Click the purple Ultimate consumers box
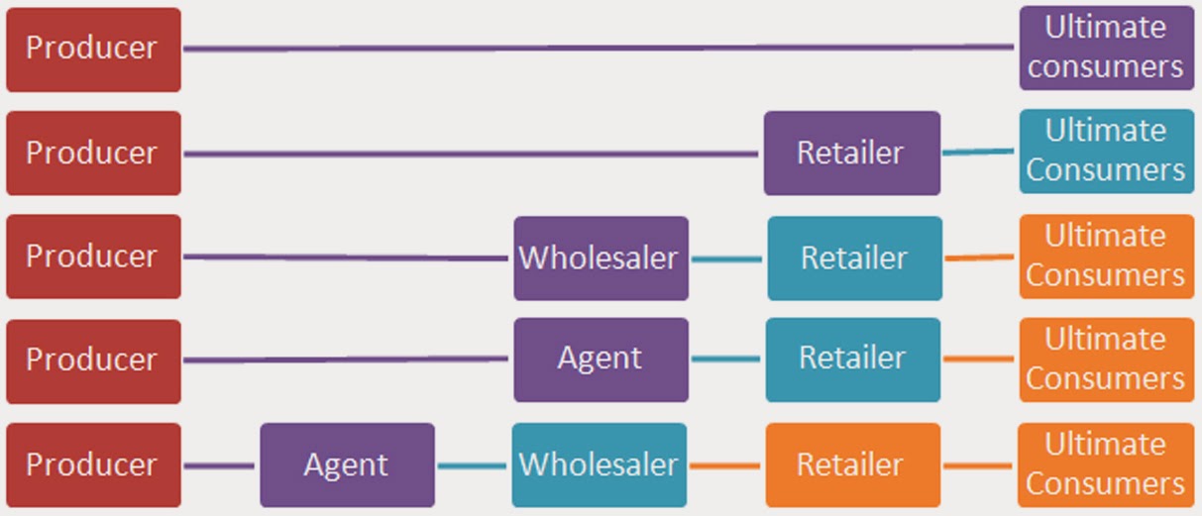click(1106, 48)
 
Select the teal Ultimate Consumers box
click(1106, 151)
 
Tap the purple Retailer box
click(851, 153)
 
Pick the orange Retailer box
click(851, 464)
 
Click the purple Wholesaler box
click(601, 258)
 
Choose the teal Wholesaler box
click(599, 464)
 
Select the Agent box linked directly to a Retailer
click(601, 359)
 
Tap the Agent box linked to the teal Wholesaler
click(347, 464)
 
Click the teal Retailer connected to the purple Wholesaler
click(854, 258)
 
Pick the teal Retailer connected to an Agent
click(852, 359)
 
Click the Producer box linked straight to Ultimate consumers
click(93, 49)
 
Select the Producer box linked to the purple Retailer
click(93, 153)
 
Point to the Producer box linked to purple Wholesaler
click(93, 257)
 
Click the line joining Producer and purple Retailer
click(471, 154)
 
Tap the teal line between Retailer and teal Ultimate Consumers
click(979, 152)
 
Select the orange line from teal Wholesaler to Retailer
click(725, 465)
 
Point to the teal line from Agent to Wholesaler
click(473, 465)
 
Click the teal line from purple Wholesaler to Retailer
click(727, 259)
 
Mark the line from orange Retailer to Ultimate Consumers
click(979, 465)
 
